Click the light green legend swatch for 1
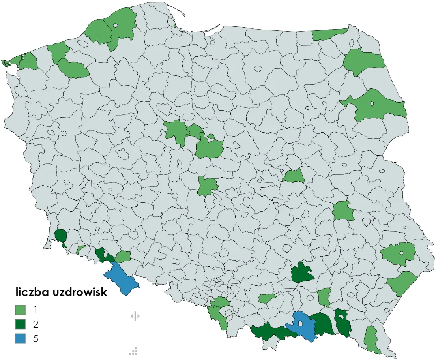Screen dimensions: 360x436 click(21, 309)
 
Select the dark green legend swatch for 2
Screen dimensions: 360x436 click(21, 324)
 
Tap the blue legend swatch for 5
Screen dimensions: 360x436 click(21, 338)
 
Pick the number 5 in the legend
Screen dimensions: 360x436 click(36, 339)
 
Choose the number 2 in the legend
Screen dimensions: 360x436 click(36, 324)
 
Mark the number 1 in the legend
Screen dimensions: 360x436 click(36, 309)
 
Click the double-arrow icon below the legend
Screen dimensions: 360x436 click(135, 316)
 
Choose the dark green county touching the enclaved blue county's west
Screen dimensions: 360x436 click(272, 332)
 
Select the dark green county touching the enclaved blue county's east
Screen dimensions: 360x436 click(323, 324)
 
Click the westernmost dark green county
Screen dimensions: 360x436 click(60, 236)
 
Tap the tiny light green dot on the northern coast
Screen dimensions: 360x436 click(175, 27)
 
